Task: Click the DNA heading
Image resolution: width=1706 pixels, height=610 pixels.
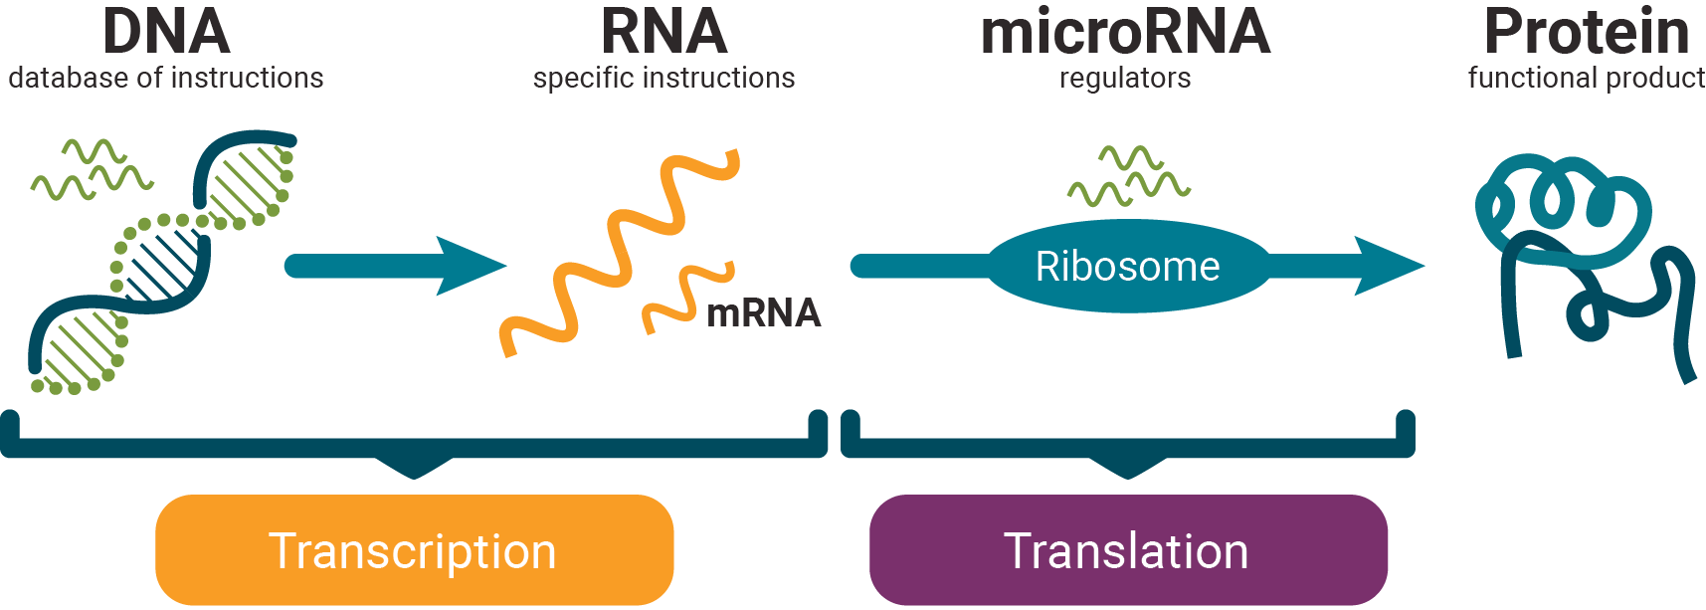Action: pos(166,32)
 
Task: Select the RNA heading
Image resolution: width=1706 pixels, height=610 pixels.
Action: pos(663,32)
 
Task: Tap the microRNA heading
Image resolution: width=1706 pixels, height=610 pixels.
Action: pos(1125,32)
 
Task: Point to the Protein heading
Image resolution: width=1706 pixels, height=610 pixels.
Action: pos(1587,32)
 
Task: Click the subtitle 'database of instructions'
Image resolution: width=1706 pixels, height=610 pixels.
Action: pos(166,78)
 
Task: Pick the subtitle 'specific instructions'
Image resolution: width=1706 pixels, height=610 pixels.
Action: pos(663,78)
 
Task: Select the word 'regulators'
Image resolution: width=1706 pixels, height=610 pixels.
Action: pos(1125,78)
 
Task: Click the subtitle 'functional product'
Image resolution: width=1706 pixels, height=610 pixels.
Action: pos(1587,78)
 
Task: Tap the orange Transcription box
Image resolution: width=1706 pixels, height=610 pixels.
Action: pos(414,550)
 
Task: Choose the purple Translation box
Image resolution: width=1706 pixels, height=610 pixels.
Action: pos(1127,550)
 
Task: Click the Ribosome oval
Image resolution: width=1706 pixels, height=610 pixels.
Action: pos(1127,267)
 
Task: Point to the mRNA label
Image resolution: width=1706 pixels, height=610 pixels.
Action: pos(763,313)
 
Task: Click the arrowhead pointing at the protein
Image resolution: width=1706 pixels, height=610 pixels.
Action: pos(1388,266)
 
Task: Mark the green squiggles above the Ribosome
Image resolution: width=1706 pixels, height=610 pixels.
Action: pos(1129,177)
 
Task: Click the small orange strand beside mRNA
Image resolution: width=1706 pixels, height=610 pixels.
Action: pos(686,297)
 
